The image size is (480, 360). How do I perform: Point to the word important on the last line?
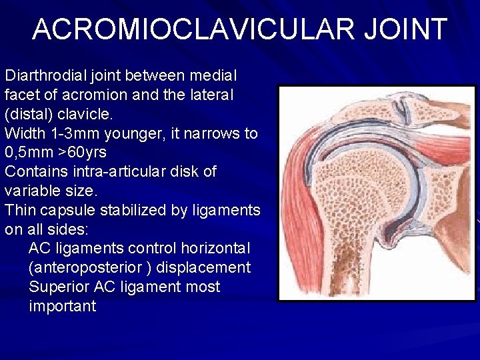click(63, 307)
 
